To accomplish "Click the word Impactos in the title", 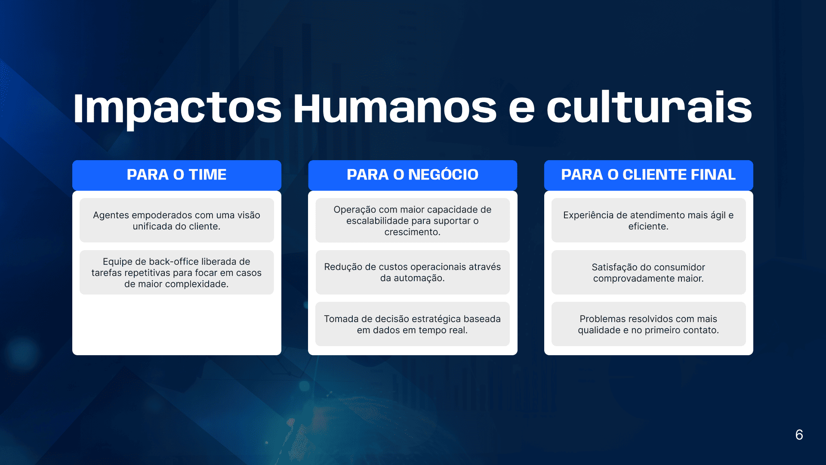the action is click(x=177, y=108).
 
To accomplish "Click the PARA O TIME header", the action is click(x=177, y=175).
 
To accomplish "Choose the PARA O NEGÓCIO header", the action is click(x=413, y=175).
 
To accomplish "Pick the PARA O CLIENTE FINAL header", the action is click(x=648, y=175).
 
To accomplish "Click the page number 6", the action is click(x=799, y=435).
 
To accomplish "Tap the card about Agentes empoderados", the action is click(x=177, y=220).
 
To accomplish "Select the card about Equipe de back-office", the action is click(x=177, y=273).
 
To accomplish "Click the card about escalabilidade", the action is click(x=413, y=220).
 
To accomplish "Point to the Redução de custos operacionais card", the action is click(x=413, y=273).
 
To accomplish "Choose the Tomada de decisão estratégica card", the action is click(x=413, y=324).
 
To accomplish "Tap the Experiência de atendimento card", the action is click(x=648, y=220).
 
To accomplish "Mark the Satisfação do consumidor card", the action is click(x=648, y=273).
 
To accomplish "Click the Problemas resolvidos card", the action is click(x=648, y=324).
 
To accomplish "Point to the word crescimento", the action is click(x=411, y=232).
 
